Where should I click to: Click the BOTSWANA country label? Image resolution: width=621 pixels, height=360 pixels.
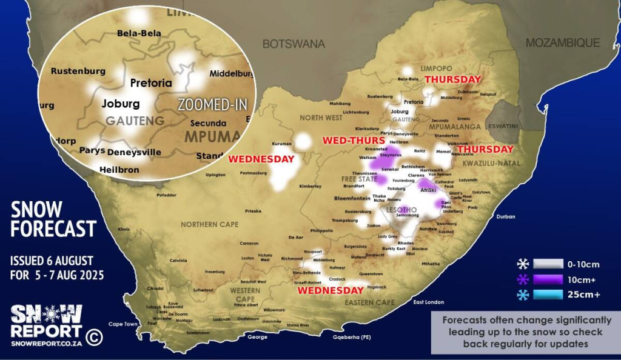[294, 44]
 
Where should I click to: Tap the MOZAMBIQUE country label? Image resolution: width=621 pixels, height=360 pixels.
[562, 42]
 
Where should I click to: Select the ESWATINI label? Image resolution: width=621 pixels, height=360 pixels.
[505, 127]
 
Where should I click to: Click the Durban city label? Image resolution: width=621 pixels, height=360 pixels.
[505, 216]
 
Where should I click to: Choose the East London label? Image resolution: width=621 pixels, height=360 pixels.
[429, 302]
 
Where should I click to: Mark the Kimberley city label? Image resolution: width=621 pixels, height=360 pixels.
[310, 186]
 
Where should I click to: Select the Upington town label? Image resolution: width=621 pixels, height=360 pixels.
[215, 175]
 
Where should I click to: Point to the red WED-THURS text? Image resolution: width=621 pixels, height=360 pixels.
[349, 141]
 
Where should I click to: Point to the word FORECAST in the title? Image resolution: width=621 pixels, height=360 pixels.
[53, 228]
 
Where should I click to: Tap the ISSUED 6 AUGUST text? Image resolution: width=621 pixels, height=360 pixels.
[52, 261]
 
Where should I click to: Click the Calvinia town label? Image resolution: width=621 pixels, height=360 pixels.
[178, 261]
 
